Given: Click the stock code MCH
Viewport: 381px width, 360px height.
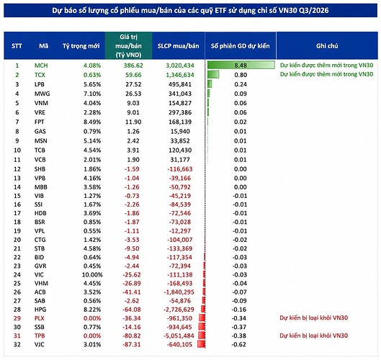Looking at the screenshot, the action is click(41, 66).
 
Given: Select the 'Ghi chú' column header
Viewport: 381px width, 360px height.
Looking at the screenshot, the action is click(327, 46).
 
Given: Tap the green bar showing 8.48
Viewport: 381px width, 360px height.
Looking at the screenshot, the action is click(241, 66).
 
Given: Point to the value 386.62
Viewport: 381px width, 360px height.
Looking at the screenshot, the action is click(133, 66).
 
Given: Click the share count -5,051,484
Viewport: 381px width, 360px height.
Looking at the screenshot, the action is click(179, 336).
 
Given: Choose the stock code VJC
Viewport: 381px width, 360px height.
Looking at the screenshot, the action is click(40, 344).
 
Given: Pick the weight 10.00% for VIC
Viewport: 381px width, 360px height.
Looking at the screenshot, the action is click(92, 275).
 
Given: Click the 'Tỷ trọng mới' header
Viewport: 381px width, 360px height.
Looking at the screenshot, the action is click(81, 46).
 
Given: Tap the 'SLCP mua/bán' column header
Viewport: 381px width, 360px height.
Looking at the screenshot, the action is click(179, 46).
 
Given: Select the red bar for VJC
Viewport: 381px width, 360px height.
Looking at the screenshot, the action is click(202, 344).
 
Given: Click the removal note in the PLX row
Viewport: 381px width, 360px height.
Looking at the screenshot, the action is click(314, 318).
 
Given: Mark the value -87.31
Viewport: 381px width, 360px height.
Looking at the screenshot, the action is click(132, 344).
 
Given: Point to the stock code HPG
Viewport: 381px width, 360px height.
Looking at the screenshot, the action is click(40, 310).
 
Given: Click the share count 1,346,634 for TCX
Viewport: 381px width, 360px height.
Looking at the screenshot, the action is click(180, 75).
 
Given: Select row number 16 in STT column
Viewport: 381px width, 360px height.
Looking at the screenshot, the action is click(17, 204).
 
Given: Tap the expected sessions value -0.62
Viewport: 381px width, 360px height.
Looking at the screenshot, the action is click(239, 344).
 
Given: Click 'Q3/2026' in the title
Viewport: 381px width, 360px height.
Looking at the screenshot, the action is click(314, 11).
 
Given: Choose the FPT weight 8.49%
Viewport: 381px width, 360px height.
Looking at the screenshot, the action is click(92, 122).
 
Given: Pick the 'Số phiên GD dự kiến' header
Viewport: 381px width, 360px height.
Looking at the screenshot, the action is click(241, 46).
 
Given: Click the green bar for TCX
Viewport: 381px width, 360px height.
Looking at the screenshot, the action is click(213, 75).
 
